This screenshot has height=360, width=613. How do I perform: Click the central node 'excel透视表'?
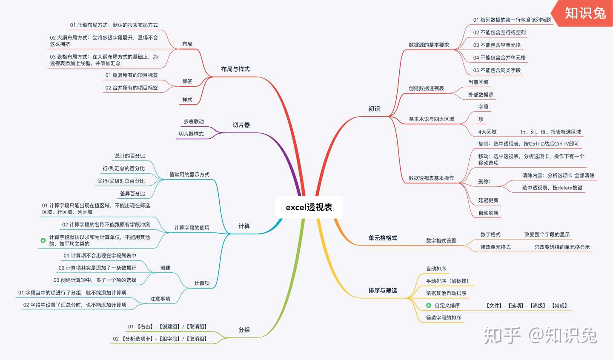point(309,207)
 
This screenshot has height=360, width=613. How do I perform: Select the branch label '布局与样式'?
point(235,69)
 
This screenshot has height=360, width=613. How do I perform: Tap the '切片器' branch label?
point(241,125)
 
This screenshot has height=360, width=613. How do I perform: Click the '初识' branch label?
point(374,109)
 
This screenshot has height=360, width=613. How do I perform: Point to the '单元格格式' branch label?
point(382,238)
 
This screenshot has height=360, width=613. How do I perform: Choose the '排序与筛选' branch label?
point(382,290)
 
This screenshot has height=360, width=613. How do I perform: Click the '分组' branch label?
point(244,330)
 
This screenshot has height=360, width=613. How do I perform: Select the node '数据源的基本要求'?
point(429,45)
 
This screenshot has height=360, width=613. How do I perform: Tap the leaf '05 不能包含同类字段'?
point(497,70)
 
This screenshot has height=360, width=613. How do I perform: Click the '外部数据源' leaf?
point(481,94)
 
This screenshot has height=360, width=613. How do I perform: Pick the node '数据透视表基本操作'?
point(431,178)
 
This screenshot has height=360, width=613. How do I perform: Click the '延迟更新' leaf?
point(488,200)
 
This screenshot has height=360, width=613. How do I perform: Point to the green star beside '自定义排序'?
point(429,306)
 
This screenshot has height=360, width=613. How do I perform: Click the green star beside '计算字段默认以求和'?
point(43,240)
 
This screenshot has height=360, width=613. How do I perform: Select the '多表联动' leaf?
point(194,121)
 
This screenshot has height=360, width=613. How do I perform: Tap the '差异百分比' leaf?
point(132,194)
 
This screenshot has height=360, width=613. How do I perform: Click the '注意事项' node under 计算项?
point(160,299)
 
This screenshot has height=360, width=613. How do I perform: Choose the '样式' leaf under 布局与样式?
point(187,100)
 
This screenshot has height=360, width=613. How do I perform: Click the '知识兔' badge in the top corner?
point(585,13)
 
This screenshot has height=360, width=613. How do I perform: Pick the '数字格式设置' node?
point(441,240)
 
